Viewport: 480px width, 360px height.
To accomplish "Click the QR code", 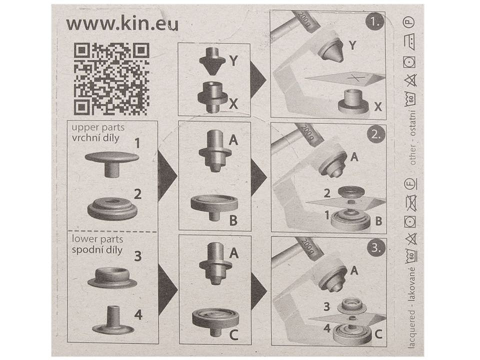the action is pos(111,78).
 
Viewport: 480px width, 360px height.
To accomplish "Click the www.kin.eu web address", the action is pos(122,24).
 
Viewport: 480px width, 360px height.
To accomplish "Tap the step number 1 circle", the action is pos(374,21).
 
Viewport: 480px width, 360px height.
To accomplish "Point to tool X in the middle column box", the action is pos(212,97).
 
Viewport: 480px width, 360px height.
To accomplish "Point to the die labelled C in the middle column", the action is pos(215,321).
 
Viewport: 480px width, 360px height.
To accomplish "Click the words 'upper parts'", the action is pos(98,127).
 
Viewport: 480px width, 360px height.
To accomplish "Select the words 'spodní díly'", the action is pos(97,250).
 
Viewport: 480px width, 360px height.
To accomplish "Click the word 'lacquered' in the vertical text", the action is pos(411,329).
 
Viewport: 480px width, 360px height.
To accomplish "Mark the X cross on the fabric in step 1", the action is pos(355,78).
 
